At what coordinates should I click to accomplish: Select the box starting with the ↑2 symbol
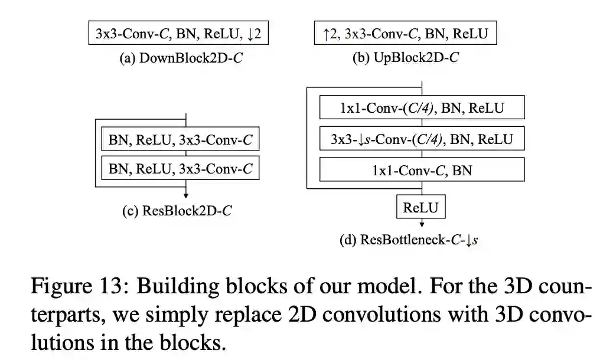pos(405,34)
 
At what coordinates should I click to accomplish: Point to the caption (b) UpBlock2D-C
pos(405,58)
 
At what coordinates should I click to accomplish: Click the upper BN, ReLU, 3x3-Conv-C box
pos(180,140)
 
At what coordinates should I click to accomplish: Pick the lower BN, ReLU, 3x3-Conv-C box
pos(180,169)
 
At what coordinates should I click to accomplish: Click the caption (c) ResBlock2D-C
pos(177,210)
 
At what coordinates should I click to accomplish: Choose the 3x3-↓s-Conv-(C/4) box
pos(422,140)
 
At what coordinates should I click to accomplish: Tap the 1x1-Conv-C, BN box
pos(422,171)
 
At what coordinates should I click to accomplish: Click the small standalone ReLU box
pos(421,207)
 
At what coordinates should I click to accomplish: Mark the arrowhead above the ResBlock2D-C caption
pos(186,195)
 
